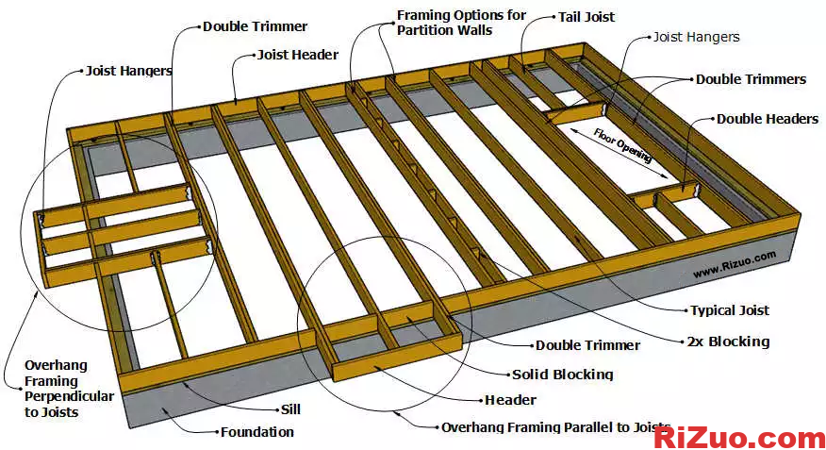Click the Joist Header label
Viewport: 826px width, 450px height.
point(297,55)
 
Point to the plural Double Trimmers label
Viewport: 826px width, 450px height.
point(751,79)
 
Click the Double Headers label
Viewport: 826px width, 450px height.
point(768,119)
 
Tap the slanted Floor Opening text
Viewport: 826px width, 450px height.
point(622,145)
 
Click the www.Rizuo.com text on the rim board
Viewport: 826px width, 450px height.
point(734,263)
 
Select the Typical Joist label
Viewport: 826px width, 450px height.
point(729,309)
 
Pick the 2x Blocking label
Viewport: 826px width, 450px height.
point(727,341)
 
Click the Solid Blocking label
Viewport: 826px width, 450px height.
point(562,374)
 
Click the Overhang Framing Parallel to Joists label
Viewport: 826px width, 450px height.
point(556,427)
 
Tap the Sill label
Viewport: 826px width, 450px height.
point(291,410)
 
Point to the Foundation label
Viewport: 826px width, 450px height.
point(256,432)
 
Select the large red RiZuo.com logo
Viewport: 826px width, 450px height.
point(738,437)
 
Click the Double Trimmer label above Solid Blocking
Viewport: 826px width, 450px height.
point(587,345)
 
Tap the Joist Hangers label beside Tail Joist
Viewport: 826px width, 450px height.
point(696,37)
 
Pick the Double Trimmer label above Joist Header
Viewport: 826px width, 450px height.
point(255,26)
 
